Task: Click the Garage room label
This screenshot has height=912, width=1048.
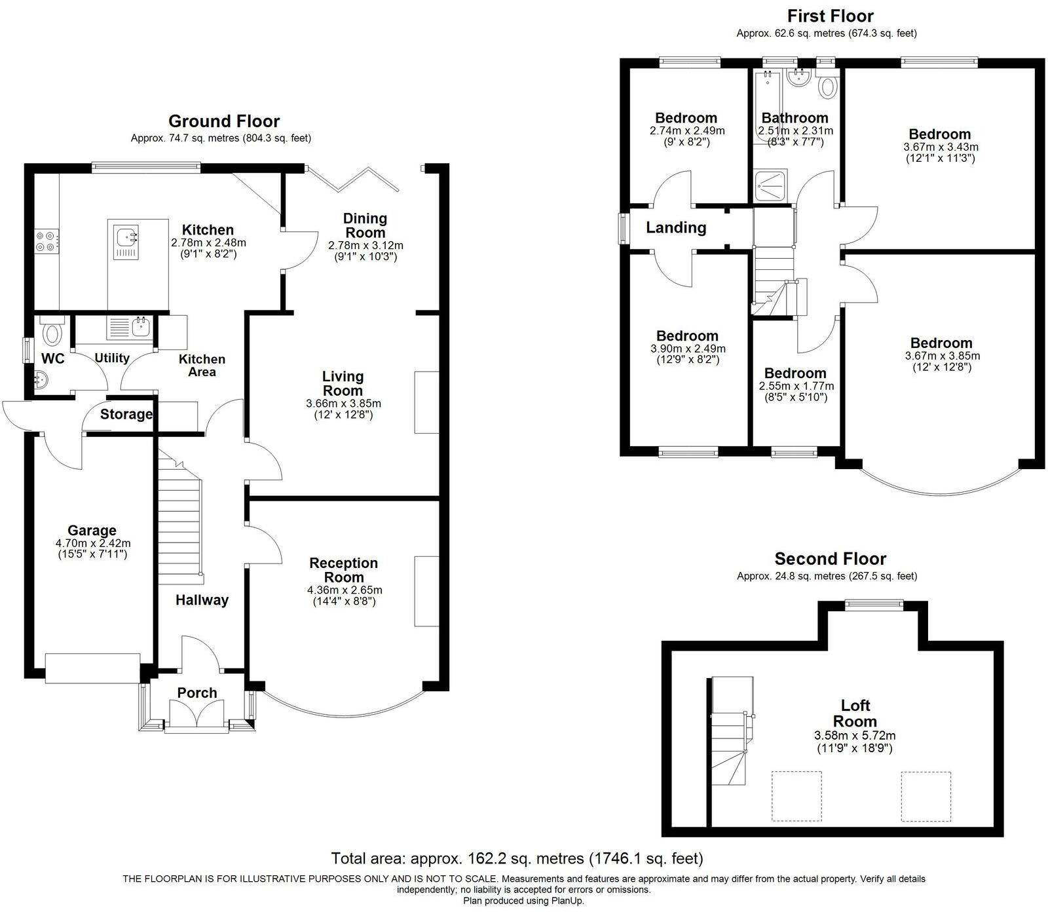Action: tap(92, 531)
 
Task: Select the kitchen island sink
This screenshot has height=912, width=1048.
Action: tap(126, 240)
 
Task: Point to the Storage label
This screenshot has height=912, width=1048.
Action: tap(126, 414)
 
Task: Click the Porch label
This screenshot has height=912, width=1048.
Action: tap(197, 693)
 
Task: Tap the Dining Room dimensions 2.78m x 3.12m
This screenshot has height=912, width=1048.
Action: tap(365, 246)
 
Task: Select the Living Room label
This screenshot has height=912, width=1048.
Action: tap(343, 384)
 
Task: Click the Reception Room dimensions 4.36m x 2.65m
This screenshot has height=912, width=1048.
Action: tap(345, 590)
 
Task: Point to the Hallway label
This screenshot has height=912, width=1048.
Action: tap(202, 600)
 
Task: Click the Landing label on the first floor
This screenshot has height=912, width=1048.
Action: tap(676, 228)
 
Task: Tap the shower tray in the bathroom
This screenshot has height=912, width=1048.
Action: tap(773, 186)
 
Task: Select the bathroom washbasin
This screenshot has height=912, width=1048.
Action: tap(798, 78)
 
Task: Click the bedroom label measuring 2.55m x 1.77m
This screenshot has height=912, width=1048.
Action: tap(795, 373)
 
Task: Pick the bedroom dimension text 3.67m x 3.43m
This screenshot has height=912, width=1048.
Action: tap(940, 147)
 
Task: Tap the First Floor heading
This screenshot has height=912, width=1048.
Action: tap(830, 16)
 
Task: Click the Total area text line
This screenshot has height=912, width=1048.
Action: tap(517, 858)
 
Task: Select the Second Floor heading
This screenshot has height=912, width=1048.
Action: tap(830, 559)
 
